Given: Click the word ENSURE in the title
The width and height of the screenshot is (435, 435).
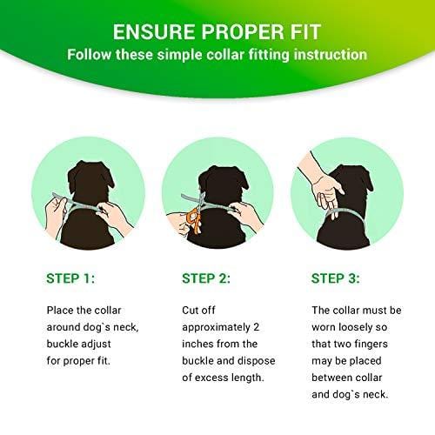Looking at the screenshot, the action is pyautogui.click(x=154, y=31).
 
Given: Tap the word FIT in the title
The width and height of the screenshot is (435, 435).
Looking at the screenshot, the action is pyautogui.click(x=305, y=31).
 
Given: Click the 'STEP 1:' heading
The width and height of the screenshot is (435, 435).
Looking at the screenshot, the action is pyautogui.click(x=70, y=278).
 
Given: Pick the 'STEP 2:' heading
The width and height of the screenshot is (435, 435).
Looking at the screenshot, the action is pyautogui.click(x=206, y=278).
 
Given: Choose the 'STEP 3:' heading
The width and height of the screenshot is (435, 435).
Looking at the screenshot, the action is pyautogui.click(x=336, y=278).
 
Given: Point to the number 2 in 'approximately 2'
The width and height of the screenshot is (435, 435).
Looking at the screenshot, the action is pyautogui.click(x=256, y=327).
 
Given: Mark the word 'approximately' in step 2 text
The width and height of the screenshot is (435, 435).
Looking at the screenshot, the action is pyautogui.click(x=216, y=328).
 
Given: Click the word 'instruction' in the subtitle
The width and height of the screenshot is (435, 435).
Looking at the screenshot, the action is pyautogui.click(x=331, y=55).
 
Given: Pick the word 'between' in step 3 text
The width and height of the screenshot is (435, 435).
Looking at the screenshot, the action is pyautogui.click(x=331, y=378).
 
